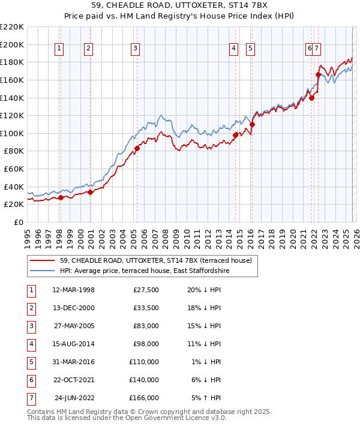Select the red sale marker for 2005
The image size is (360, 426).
coord(137,148)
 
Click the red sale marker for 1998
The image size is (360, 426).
coord(61,197)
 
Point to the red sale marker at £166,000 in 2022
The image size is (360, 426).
coord(318,74)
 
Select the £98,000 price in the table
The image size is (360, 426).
coord(145,344)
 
